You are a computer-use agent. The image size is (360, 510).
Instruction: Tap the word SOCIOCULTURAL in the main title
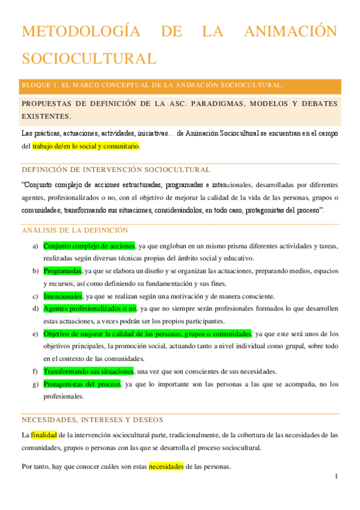[89, 58]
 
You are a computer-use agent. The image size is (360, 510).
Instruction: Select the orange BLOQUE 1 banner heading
[153, 86]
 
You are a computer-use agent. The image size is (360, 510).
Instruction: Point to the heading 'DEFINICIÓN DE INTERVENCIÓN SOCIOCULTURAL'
[115, 170]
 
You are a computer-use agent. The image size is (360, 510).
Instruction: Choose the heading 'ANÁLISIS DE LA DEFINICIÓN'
[75, 230]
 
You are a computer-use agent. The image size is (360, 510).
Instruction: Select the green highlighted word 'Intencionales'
[63, 296]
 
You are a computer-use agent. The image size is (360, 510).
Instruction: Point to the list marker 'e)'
[35, 334]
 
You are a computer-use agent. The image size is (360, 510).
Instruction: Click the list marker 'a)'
[35, 247]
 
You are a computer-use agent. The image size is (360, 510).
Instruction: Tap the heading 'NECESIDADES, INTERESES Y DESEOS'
[92, 420]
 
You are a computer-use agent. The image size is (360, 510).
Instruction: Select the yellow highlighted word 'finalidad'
[44, 435]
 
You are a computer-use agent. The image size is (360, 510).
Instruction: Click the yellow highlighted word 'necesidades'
[166, 467]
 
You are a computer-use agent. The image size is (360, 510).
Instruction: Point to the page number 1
[337, 477]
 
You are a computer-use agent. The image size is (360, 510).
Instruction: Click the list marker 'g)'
[35, 384]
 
